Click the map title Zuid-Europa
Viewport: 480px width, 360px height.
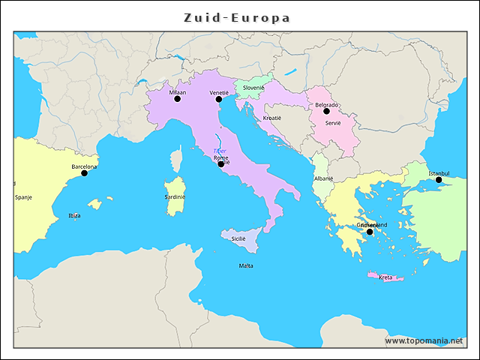coord(237,17)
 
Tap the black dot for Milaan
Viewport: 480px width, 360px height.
coord(178,99)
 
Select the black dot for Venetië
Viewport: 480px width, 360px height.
coord(219,99)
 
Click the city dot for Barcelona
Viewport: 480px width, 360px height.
coord(84,173)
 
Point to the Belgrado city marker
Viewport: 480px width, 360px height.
coord(326,111)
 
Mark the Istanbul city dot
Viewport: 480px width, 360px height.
coord(439,180)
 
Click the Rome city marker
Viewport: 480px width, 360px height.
coord(220,163)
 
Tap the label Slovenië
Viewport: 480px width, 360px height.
coord(253,88)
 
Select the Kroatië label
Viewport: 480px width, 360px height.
coord(272,118)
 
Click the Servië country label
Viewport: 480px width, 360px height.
coord(333,122)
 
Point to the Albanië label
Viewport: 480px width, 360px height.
coord(323,179)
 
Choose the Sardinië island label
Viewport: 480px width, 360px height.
coord(175,197)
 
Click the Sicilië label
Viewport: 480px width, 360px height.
coord(238,238)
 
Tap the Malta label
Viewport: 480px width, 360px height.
coord(246,265)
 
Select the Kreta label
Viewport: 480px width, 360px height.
coord(385,277)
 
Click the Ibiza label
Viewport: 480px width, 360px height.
coord(74,215)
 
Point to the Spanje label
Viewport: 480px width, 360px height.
coord(23,197)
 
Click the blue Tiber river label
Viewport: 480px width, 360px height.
coord(220,151)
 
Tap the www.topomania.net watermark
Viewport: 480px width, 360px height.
coord(424,340)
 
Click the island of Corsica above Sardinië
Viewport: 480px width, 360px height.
coord(176,159)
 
